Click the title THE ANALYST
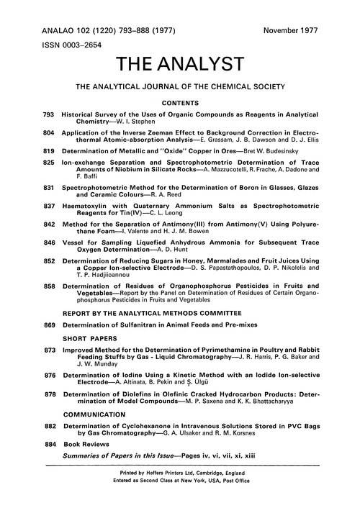coord(179,67)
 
